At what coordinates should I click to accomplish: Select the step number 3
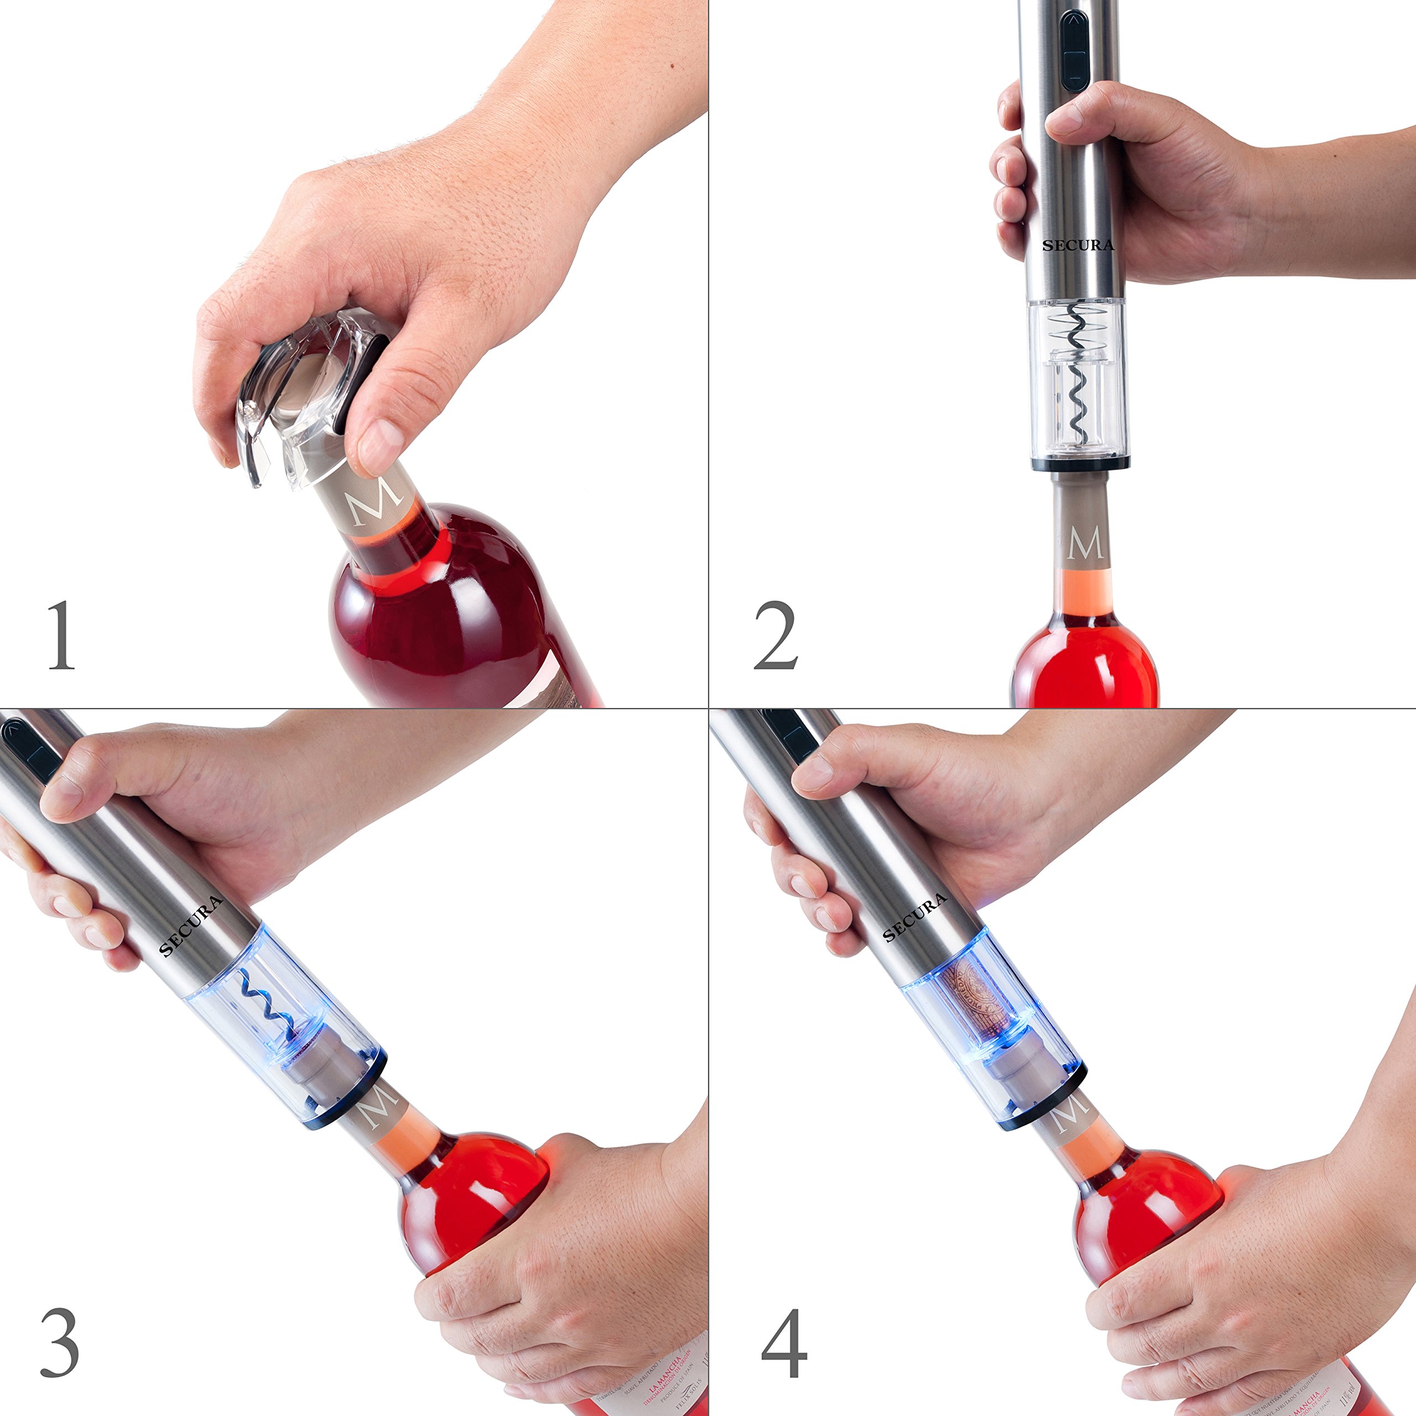click(x=60, y=1342)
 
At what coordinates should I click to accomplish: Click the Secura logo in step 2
click(x=1078, y=245)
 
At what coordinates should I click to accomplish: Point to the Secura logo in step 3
click(x=191, y=926)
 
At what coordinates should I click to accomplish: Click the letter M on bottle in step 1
click(x=377, y=501)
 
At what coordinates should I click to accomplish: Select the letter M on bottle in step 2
click(x=1085, y=544)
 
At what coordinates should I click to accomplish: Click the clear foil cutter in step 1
click(x=293, y=396)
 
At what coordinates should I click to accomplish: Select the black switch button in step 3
click(x=29, y=748)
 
